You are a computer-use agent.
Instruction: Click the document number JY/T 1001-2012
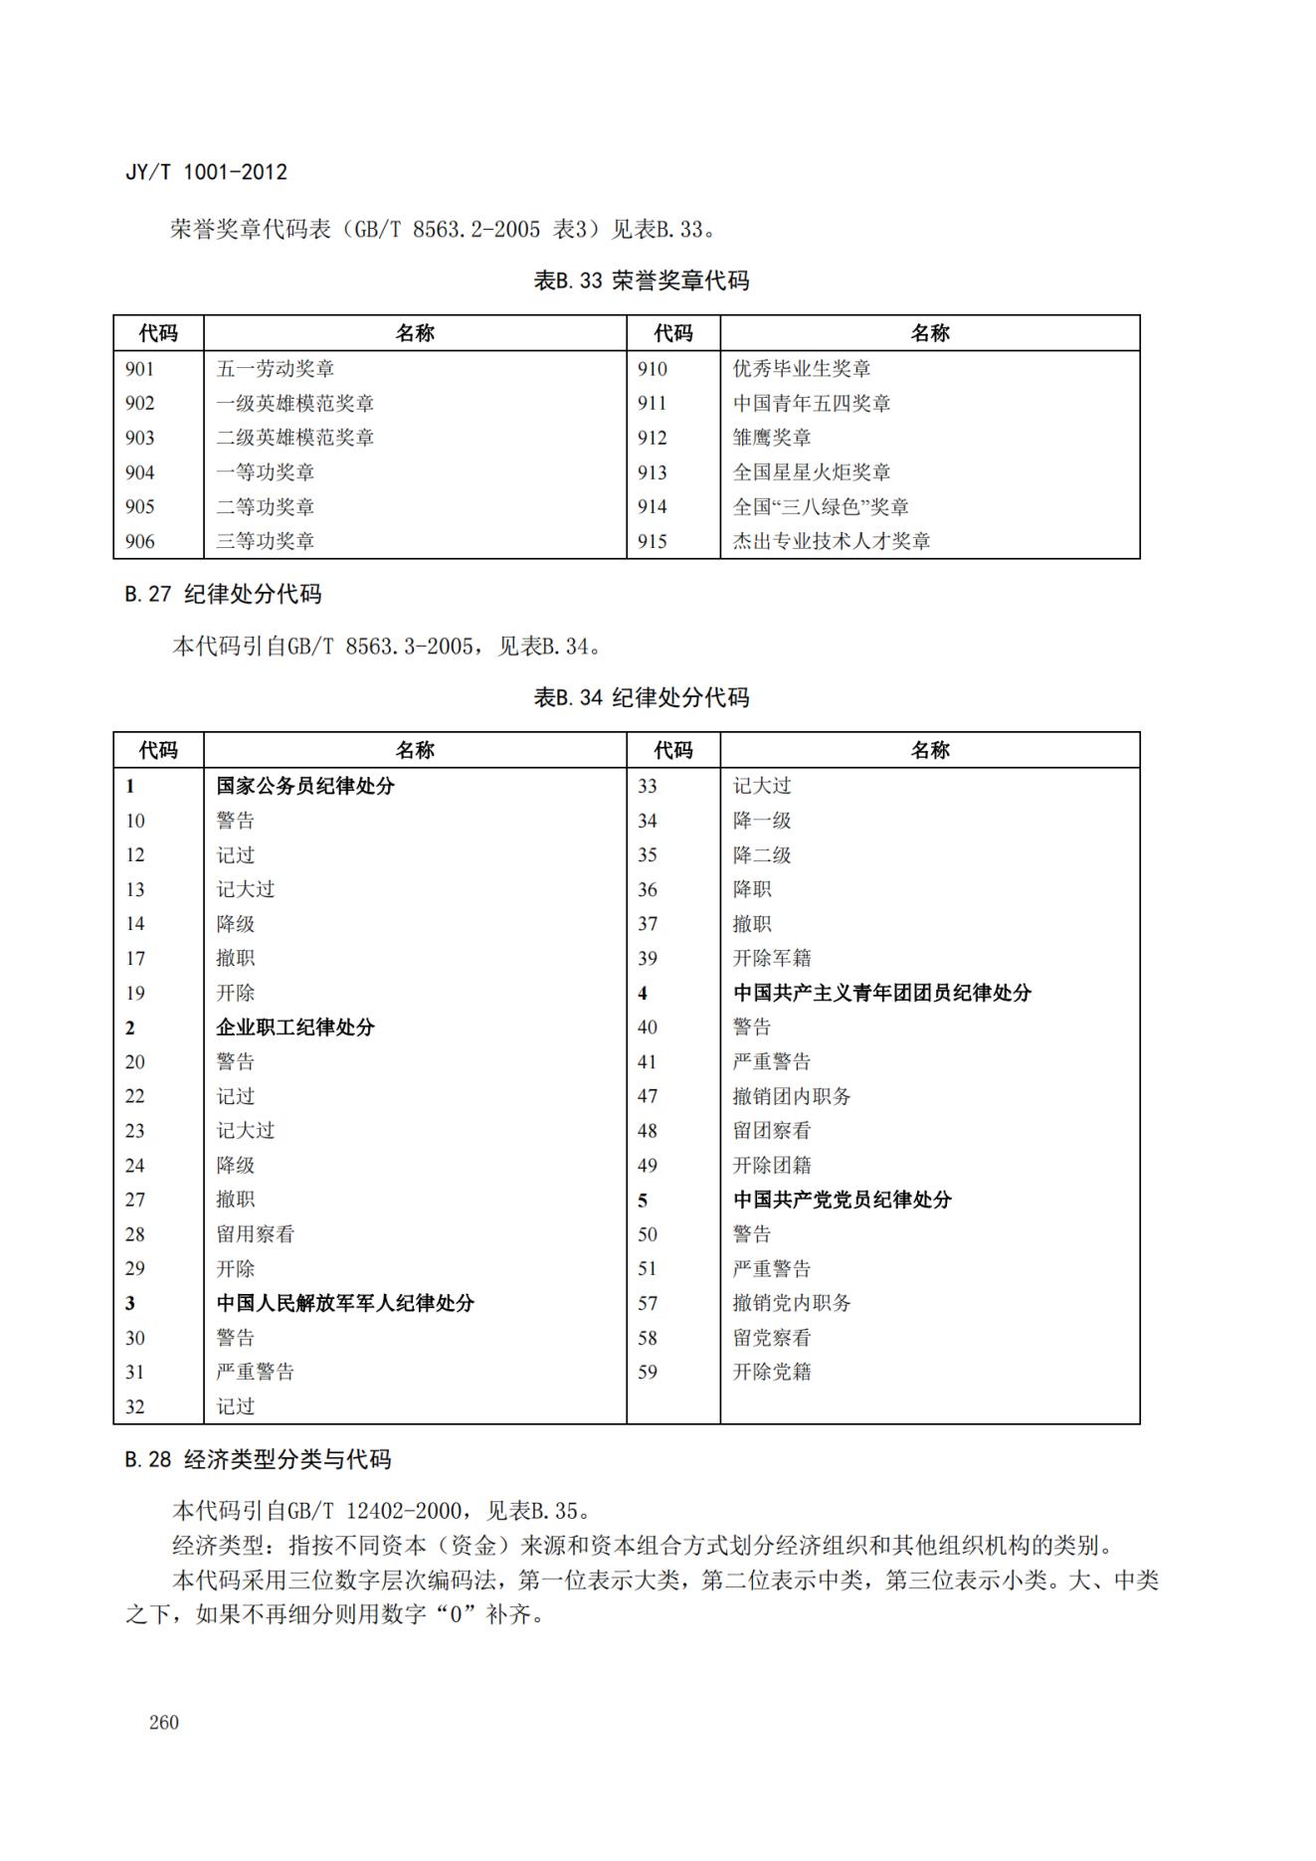(206, 172)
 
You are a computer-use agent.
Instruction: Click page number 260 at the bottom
(163, 1722)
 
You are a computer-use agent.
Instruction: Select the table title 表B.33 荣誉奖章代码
(641, 280)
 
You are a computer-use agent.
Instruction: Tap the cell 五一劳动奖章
(276, 369)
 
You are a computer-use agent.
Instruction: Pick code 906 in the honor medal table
(140, 541)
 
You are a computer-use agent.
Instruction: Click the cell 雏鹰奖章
(772, 438)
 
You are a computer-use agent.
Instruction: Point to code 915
(653, 541)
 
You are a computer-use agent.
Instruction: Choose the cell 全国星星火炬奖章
(812, 472)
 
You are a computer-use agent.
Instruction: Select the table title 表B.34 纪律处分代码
(641, 697)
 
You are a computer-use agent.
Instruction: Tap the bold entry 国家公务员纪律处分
(305, 786)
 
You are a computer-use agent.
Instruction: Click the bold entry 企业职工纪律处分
(295, 1027)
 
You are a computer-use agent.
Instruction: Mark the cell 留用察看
(256, 1234)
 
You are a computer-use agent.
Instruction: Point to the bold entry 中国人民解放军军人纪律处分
(345, 1303)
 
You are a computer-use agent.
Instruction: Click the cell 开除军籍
(772, 959)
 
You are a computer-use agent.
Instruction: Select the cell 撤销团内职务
(792, 1096)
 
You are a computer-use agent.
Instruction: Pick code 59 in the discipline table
(648, 1372)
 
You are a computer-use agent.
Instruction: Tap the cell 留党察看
(772, 1338)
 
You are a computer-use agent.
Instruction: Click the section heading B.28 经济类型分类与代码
(258, 1459)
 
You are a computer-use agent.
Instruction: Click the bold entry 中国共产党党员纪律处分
(843, 1200)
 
